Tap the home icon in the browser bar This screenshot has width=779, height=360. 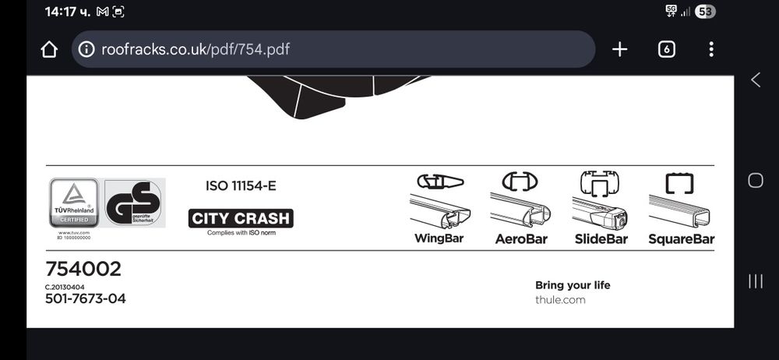pyautogui.click(x=49, y=50)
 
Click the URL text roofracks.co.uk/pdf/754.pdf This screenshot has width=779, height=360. pyautogui.click(x=195, y=50)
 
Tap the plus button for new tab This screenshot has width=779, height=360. pyautogui.click(x=619, y=50)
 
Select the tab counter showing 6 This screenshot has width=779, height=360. pyautogui.click(x=666, y=50)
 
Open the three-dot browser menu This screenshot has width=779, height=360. pyautogui.click(x=711, y=50)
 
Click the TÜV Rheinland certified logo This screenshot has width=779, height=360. pyautogui.click(x=74, y=203)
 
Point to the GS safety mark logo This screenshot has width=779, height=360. pyautogui.click(x=135, y=203)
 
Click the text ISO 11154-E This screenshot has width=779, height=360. pyautogui.click(x=241, y=186)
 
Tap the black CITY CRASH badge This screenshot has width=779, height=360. pyautogui.click(x=241, y=218)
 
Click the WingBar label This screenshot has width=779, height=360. pyautogui.click(x=439, y=238)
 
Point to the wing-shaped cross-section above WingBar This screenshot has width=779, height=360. pyautogui.click(x=439, y=182)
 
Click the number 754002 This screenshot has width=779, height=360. pyautogui.click(x=83, y=269)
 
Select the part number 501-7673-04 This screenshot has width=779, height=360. pyautogui.click(x=85, y=298)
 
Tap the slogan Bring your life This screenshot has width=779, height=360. pyautogui.click(x=573, y=285)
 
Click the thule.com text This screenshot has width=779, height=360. pyautogui.click(x=560, y=299)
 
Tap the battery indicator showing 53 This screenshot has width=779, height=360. pyautogui.click(x=705, y=11)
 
